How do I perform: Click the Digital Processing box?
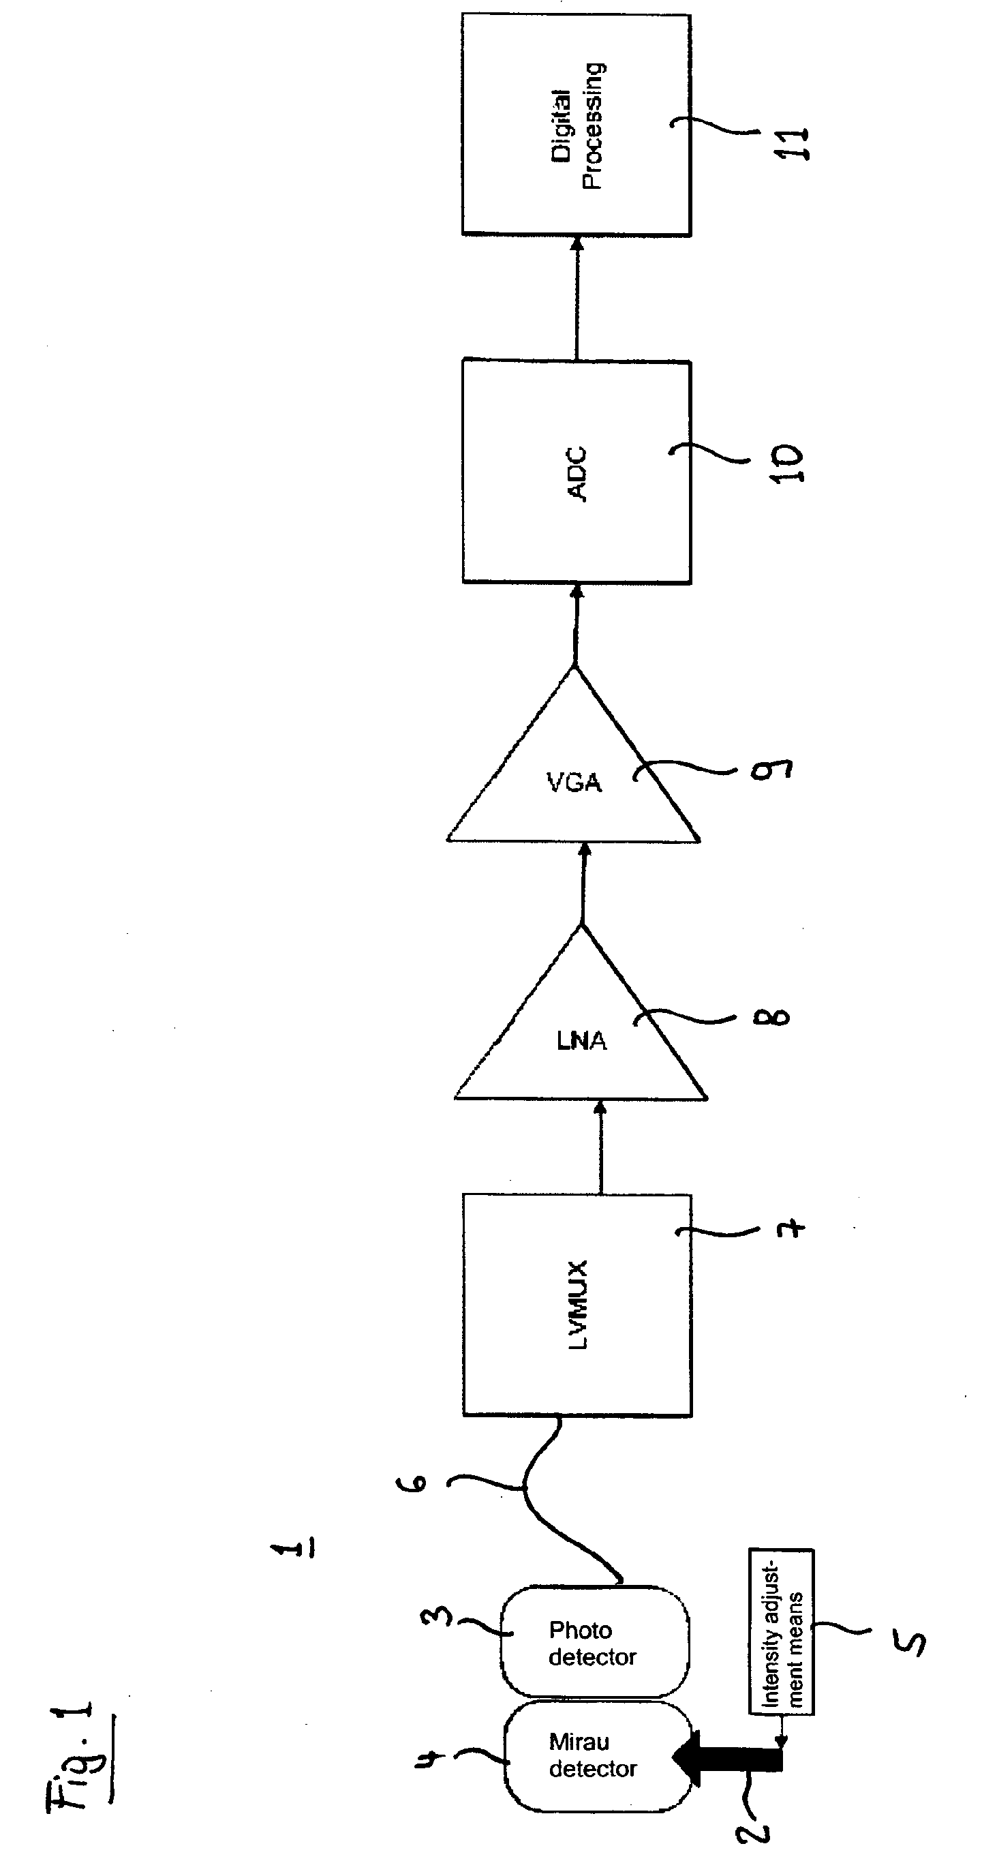(576, 125)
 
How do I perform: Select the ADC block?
(576, 472)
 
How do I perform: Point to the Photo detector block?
(594, 1642)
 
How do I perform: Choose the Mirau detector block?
(597, 1755)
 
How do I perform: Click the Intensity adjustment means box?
(781, 1632)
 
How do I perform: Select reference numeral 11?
(791, 143)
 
